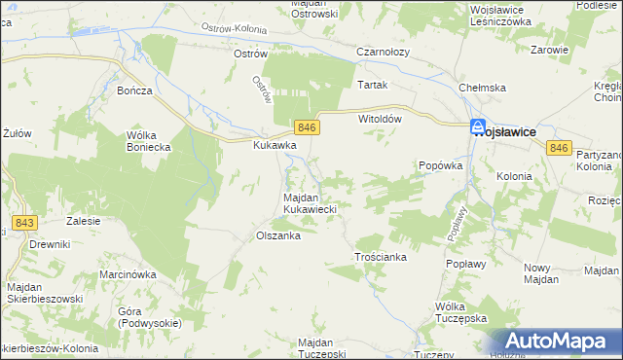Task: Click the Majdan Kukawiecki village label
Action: click(x=310, y=202)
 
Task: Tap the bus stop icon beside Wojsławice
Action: click(x=478, y=126)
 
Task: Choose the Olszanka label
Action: click(x=276, y=235)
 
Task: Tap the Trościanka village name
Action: click(x=380, y=257)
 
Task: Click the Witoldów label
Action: click(x=381, y=118)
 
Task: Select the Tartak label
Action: click(x=373, y=85)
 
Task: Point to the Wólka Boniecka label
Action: click(x=148, y=141)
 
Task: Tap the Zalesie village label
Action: click(x=84, y=221)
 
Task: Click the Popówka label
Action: click(x=439, y=166)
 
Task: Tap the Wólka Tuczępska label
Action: click(x=460, y=312)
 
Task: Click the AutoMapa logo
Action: click(x=559, y=341)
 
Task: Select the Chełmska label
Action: click(x=484, y=88)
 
